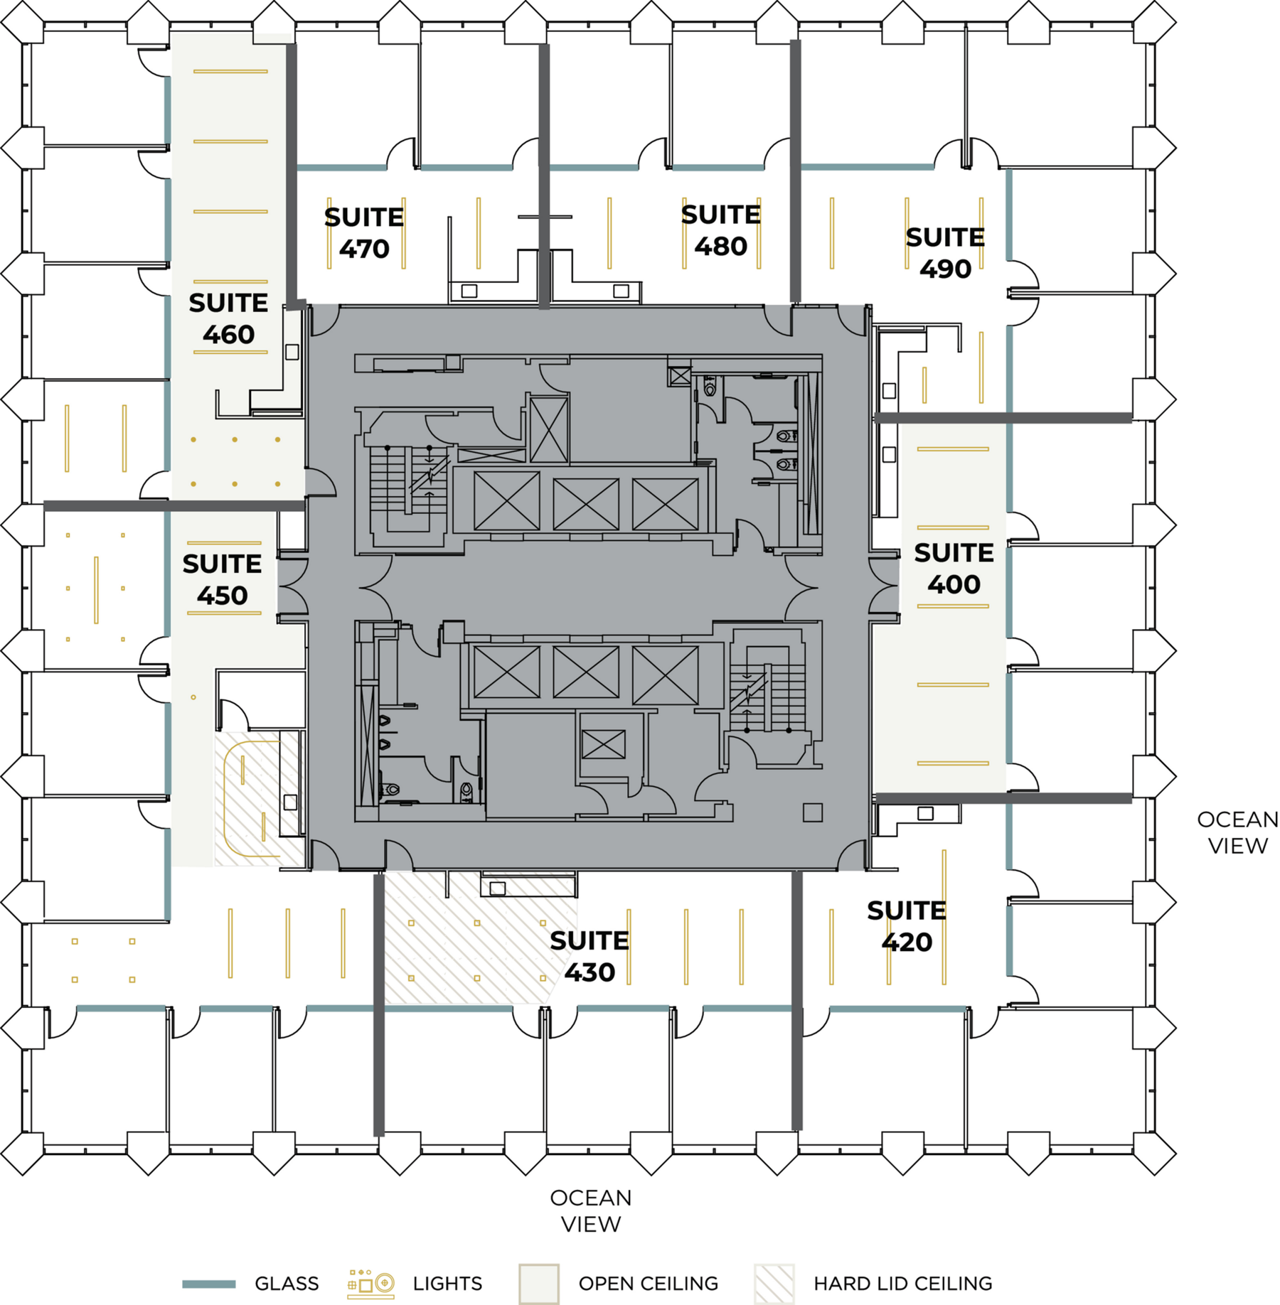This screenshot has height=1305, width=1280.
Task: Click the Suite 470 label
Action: click(363, 233)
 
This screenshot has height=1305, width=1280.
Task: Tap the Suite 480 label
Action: click(720, 230)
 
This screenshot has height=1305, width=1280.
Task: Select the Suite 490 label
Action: click(944, 253)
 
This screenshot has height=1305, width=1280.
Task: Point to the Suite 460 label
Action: click(228, 318)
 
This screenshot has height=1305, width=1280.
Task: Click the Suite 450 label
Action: click(222, 579)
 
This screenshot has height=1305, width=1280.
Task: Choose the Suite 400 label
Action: click(953, 568)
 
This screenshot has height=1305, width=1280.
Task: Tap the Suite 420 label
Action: click(906, 925)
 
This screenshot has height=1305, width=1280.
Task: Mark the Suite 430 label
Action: click(589, 956)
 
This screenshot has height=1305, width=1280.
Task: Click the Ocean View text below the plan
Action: click(590, 1210)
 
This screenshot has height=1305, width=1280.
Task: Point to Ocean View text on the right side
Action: click(1237, 832)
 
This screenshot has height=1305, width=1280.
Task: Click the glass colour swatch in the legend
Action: click(208, 1284)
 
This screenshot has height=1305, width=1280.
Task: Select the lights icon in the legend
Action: click(370, 1283)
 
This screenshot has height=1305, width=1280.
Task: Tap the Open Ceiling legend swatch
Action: click(538, 1284)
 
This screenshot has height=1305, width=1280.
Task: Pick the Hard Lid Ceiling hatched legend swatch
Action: click(774, 1284)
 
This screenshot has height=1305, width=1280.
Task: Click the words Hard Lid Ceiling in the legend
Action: click(902, 1284)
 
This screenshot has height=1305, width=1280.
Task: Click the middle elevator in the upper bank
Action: click(585, 504)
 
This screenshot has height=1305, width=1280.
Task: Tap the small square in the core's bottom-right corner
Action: click(812, 812)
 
